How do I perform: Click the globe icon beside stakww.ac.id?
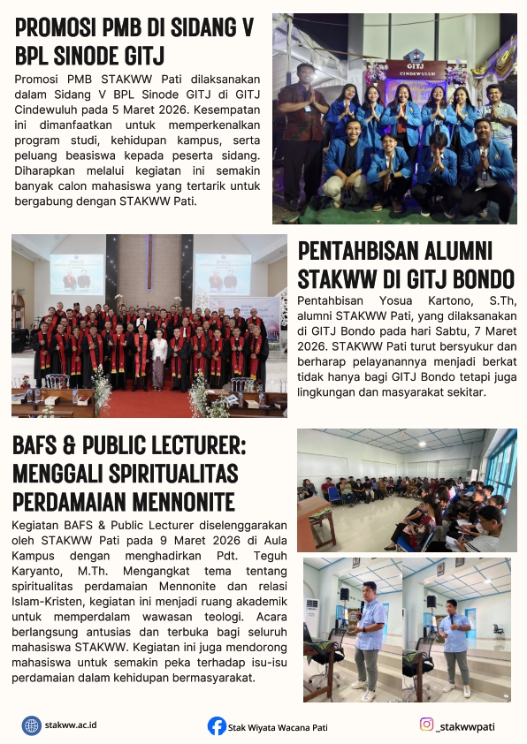point(32,725)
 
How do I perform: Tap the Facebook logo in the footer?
point(217,726)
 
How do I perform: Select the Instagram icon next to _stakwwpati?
point(426,725)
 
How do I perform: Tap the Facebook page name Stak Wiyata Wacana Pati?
point(278,727)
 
